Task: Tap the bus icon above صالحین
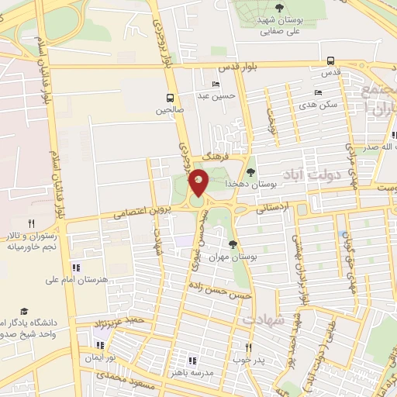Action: coord(170,97)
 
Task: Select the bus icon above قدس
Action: coord(331,60)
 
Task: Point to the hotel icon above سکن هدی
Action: coord(318,92)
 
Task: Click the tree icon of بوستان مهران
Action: coord(232,244)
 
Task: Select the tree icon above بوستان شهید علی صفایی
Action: coord(279,7)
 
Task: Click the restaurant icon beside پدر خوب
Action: coord(248,347)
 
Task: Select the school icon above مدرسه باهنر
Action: coord(192,361)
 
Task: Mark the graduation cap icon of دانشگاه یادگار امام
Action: coord(24,310)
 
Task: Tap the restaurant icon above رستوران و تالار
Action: coord(31,223)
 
